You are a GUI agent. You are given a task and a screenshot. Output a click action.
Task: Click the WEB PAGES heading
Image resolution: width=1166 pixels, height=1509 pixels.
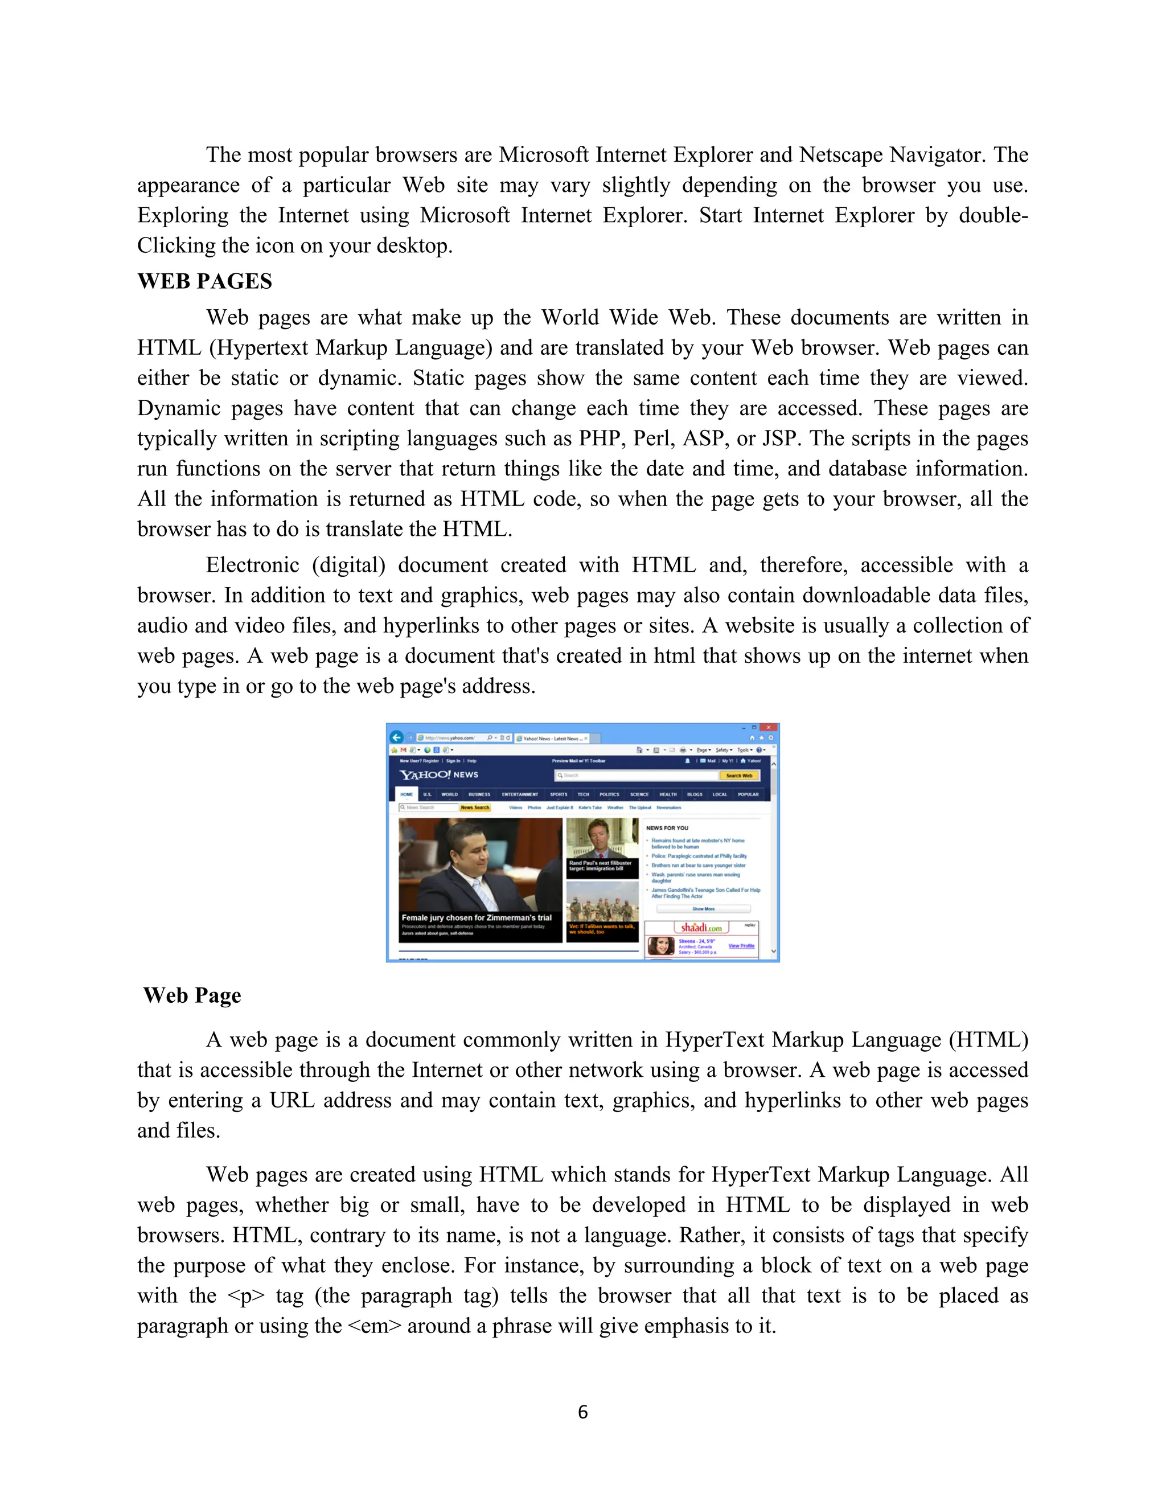(204, 281)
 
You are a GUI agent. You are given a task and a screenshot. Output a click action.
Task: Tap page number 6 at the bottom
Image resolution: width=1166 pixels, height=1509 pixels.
(582, 1412)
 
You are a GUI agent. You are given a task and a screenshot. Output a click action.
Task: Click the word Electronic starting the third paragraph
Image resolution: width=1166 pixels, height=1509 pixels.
(252, 565)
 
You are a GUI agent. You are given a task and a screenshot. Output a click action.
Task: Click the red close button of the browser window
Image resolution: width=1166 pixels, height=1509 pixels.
(768, 728)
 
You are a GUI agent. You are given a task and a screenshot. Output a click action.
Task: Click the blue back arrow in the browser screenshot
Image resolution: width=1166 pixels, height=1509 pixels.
(396, 737)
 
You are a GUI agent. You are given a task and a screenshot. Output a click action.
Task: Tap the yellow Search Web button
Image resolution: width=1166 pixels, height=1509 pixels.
(738, 775)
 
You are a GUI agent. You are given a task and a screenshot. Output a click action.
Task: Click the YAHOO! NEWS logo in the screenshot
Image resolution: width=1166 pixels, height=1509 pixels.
(440, 774)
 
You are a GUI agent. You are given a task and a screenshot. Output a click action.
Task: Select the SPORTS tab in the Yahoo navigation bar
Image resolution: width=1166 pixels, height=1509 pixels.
(558, 794)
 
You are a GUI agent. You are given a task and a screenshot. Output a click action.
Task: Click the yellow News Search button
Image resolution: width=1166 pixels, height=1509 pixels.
(475, 807)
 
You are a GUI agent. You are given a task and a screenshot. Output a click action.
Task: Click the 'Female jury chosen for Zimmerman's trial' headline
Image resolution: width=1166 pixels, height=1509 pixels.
(477, 917)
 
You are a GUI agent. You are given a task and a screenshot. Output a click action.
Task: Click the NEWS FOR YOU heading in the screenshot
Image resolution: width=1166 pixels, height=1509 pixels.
(667, 828)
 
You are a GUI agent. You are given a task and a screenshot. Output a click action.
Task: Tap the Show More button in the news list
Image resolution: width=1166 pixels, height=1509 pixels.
(703, 909)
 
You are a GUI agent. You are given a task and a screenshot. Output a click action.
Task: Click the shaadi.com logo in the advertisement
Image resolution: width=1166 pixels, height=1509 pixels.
(701, 927)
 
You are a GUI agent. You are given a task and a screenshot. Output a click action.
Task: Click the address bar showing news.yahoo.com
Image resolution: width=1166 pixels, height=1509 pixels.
(453, 738)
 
